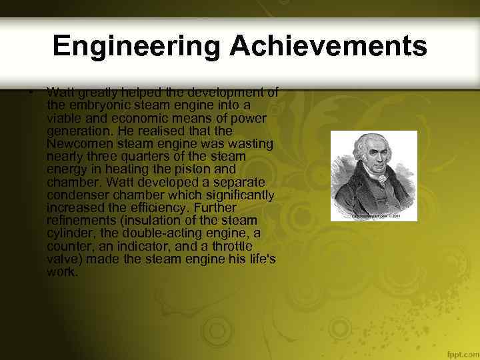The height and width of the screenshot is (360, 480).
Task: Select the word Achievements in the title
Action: click(328, 46)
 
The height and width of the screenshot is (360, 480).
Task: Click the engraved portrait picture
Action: click(374, 175)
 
